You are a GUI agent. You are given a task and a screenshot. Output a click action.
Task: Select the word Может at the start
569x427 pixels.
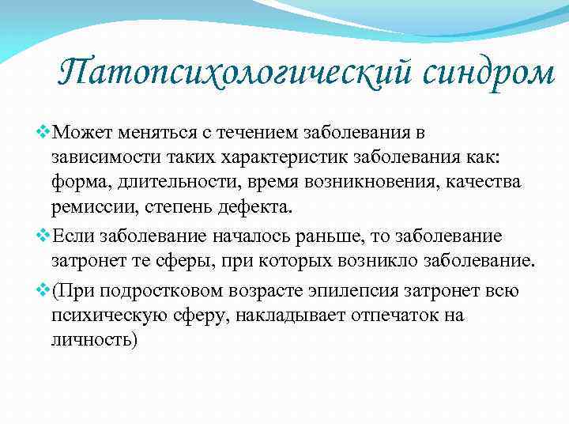click(x=74, y=132)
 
